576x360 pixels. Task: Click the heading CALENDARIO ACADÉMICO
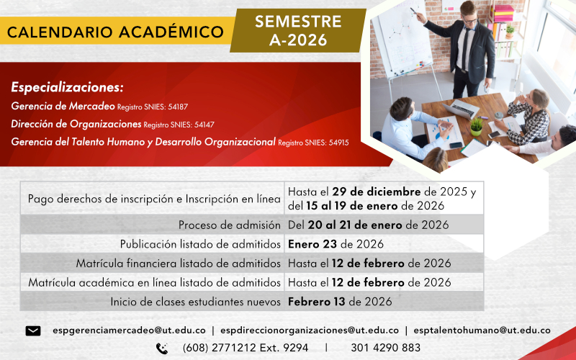pyautogui.click(x=115, y=32)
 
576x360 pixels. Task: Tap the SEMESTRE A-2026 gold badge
pyautogui.click(x=298, y=31)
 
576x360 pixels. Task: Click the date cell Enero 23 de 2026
pyautogui.click(x=336, y=243)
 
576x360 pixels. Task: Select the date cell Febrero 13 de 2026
pyautogui.click(x=340, y=301)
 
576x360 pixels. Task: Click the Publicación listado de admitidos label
pyautogui.click(x=200, y=243)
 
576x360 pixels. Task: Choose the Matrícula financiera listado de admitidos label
pyautogui.click(x=178, y=263)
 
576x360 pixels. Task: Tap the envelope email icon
pyautogui.click(x=33, y=330)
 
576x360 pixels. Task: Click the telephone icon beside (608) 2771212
pyautogui.click(x=162, y=348)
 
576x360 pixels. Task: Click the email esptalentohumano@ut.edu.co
pyautogui.click(x=483, y=330)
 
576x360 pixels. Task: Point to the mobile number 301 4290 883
pyautogui.click(x=386, y=348)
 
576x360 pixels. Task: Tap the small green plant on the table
pyautogui.click(x=476, y=126)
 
